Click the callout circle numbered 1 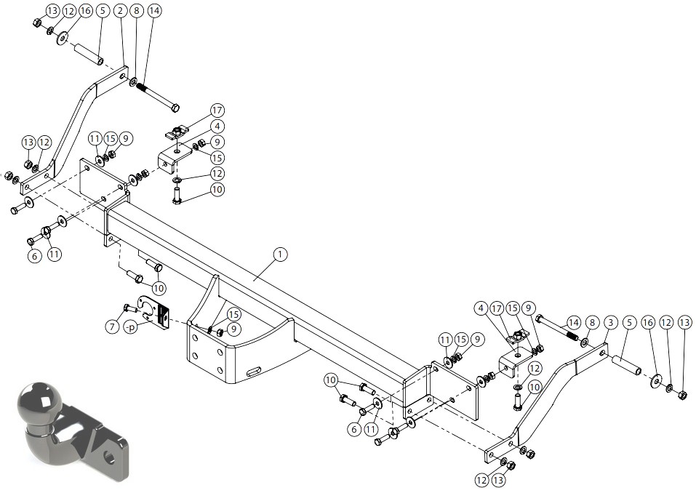280,254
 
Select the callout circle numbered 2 120,11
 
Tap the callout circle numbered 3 611,323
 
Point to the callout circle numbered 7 112,327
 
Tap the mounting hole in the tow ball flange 108,457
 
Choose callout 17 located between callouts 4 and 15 497,308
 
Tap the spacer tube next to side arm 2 89,55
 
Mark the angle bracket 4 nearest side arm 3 513,364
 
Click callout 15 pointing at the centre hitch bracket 233,315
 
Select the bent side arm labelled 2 73,132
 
